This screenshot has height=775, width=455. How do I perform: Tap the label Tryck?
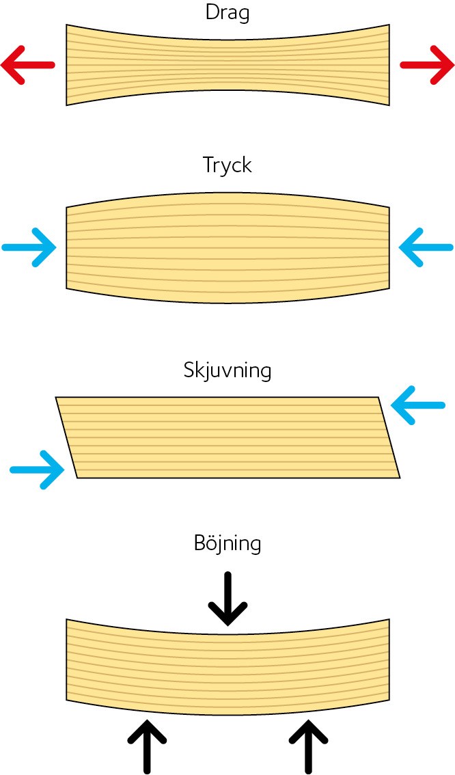coord(227,165)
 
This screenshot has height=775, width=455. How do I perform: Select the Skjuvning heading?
coord(227,370)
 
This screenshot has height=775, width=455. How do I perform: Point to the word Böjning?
coord(227,544)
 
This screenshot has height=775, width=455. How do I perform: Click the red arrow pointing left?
coord(27,65)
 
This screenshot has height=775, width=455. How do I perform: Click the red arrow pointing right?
coord(427,65)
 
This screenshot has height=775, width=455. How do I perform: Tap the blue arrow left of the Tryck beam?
coord(29,247)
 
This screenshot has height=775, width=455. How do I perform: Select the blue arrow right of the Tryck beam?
coord(426,247)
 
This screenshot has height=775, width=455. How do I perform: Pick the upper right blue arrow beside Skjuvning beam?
coord(418,405)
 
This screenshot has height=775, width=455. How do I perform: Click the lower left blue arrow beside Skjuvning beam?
coord(37,470)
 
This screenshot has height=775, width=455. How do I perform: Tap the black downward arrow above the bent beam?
coord(227,599)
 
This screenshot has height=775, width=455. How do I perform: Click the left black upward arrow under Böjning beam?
coord(147,747)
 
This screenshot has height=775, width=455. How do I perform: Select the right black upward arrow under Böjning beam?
coord(308,747)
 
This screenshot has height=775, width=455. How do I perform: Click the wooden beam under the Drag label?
coord(227,65)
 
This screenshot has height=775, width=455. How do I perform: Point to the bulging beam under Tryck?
coord(227,247)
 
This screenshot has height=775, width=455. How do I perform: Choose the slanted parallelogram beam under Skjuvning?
coord(227,437)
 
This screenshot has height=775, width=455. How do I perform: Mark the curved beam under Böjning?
coord(227,667)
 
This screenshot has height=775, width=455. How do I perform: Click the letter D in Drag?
coord(212,12)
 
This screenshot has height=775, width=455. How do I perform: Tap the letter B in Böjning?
coord(201,543)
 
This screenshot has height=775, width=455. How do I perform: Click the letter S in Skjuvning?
coord(189,370)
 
